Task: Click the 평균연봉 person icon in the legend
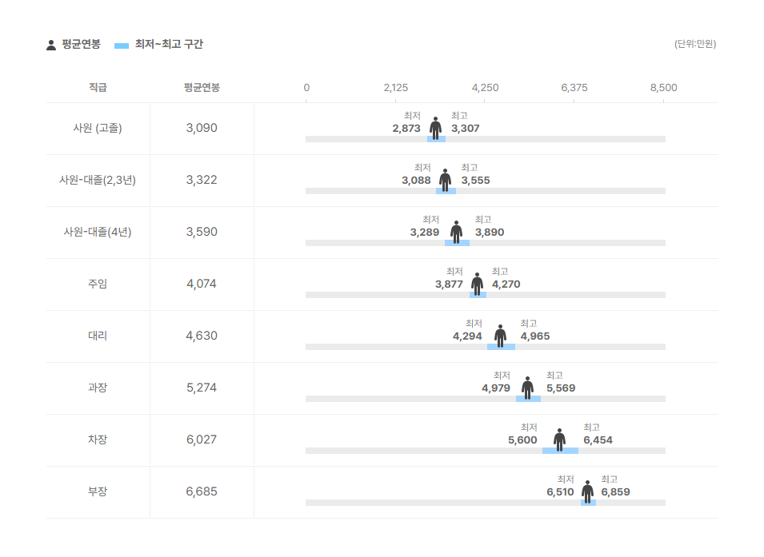51,45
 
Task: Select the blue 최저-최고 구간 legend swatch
122,46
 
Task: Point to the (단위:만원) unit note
694,44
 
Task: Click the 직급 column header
98,87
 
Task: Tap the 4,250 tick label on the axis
485,87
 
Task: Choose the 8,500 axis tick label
663,87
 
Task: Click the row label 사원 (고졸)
98,128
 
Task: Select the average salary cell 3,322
202,180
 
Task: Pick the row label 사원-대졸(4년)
98,232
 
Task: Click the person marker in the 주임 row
477,283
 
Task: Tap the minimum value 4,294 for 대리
467,336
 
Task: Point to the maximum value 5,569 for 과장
561,388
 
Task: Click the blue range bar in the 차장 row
560,451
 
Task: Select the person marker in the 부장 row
587,491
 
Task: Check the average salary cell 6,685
202,491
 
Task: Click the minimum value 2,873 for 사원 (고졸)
406,128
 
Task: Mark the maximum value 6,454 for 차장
598,440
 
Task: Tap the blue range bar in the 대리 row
501,347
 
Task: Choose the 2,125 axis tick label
395,87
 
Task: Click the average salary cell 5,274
202,388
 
